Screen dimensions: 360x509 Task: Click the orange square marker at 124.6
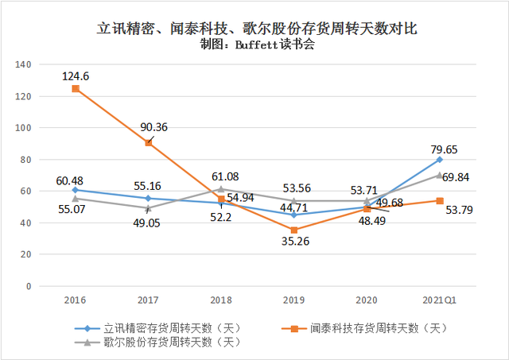click(x=76, y=89)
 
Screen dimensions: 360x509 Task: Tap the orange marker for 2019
click(x=294, y=230)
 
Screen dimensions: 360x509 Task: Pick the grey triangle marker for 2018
click(x=221, y=189)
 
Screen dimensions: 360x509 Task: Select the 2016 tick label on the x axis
click(x=76, y=300)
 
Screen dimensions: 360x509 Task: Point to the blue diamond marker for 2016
click(x=76, y=190)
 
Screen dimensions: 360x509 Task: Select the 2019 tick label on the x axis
click(x=294, y=300)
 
